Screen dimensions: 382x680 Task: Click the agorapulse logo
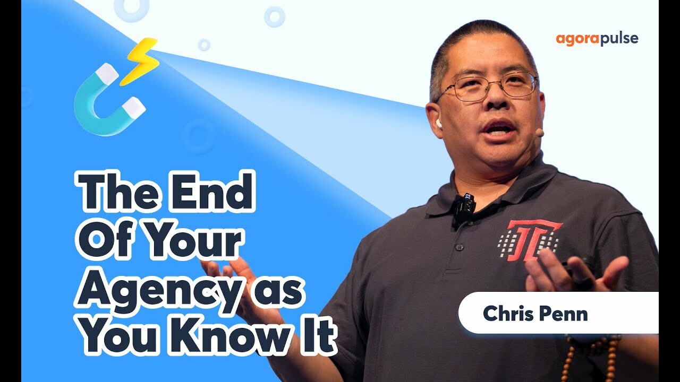tap(597, 39)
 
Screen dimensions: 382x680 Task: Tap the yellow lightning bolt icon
tap(139, 60)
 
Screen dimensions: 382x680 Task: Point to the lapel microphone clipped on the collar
tap(464, 206)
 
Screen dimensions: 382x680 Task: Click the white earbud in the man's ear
tap(439, 124)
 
